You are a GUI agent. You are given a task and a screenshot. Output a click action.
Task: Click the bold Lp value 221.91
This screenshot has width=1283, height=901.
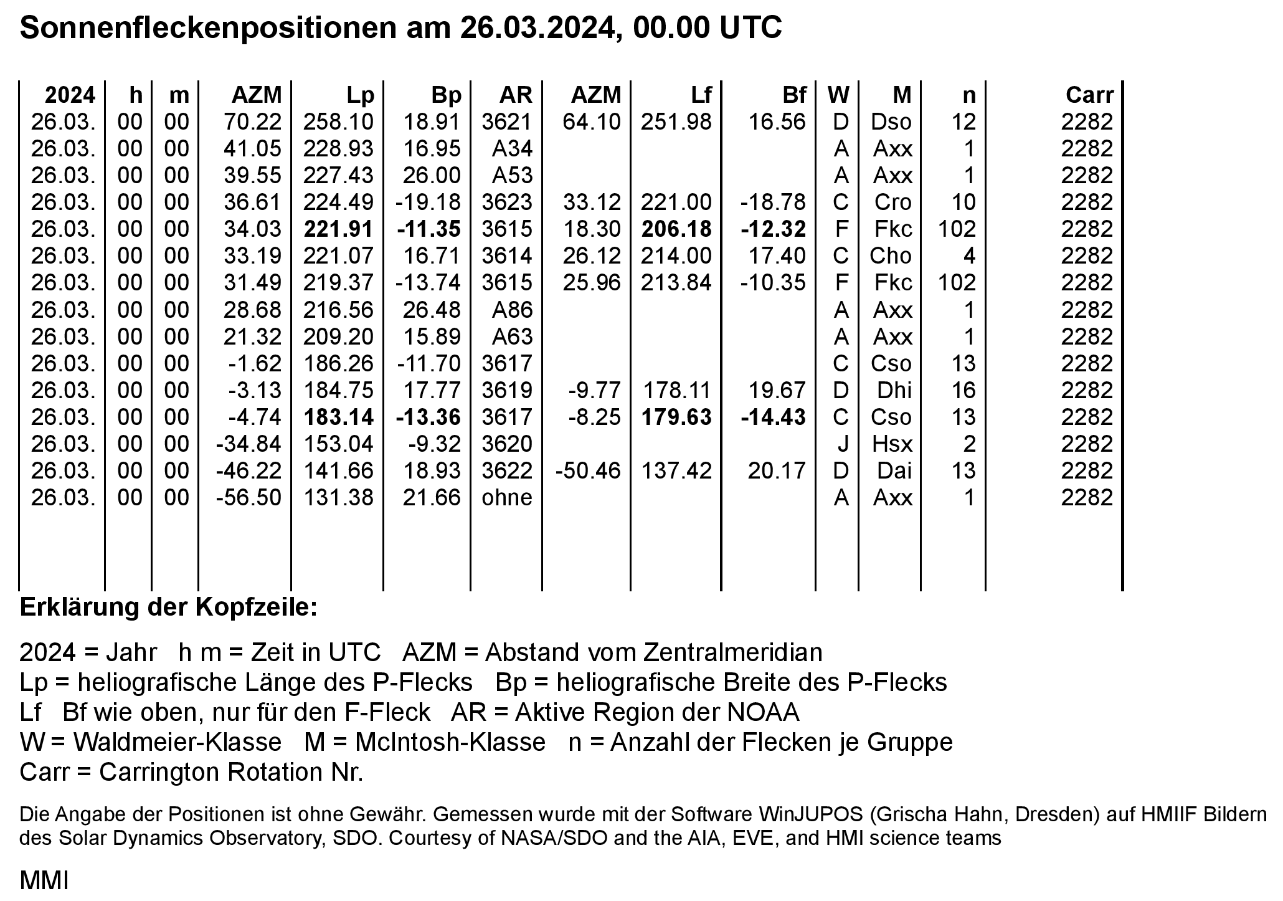tap(338, 229)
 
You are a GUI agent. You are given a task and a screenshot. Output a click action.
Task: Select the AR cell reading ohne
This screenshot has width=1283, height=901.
tap(507, 498)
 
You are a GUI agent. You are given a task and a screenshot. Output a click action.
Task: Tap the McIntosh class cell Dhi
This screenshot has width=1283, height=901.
tap(894, 391)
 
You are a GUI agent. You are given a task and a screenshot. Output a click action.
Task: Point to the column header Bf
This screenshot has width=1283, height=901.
tap(794, 95)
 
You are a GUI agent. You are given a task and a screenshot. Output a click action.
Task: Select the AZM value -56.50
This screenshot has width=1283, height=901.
tap(249, 498)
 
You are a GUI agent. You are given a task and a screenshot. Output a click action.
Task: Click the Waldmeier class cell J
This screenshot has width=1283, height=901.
tap(842, 444)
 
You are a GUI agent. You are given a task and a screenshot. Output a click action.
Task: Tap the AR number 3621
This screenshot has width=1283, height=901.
tap(507, 122)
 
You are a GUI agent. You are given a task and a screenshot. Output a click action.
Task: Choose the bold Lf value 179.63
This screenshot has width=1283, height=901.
tap(676, 417)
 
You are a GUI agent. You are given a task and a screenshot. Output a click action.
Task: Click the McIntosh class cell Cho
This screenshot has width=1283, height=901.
tap(891, 256)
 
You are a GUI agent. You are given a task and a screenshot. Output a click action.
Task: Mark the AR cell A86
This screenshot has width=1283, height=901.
tap(512, 310)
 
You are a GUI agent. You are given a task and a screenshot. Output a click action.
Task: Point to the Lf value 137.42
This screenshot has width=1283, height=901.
tap(676, 471)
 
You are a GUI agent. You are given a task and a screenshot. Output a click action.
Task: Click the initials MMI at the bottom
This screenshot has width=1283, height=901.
tap(44, 881)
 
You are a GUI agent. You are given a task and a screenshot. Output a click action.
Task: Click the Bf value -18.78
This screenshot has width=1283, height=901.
tap(773, 203)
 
